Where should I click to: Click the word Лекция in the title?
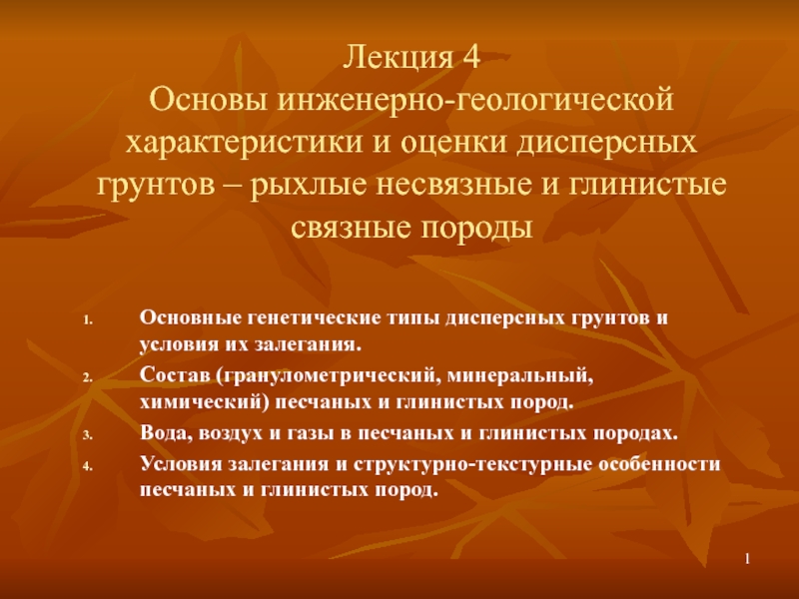(398, 58)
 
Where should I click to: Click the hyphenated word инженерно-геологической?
(475, 101)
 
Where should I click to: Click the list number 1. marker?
(88, 320)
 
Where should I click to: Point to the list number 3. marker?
(88, 435)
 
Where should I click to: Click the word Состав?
(174, 376)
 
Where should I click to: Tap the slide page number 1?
(747, 559)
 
